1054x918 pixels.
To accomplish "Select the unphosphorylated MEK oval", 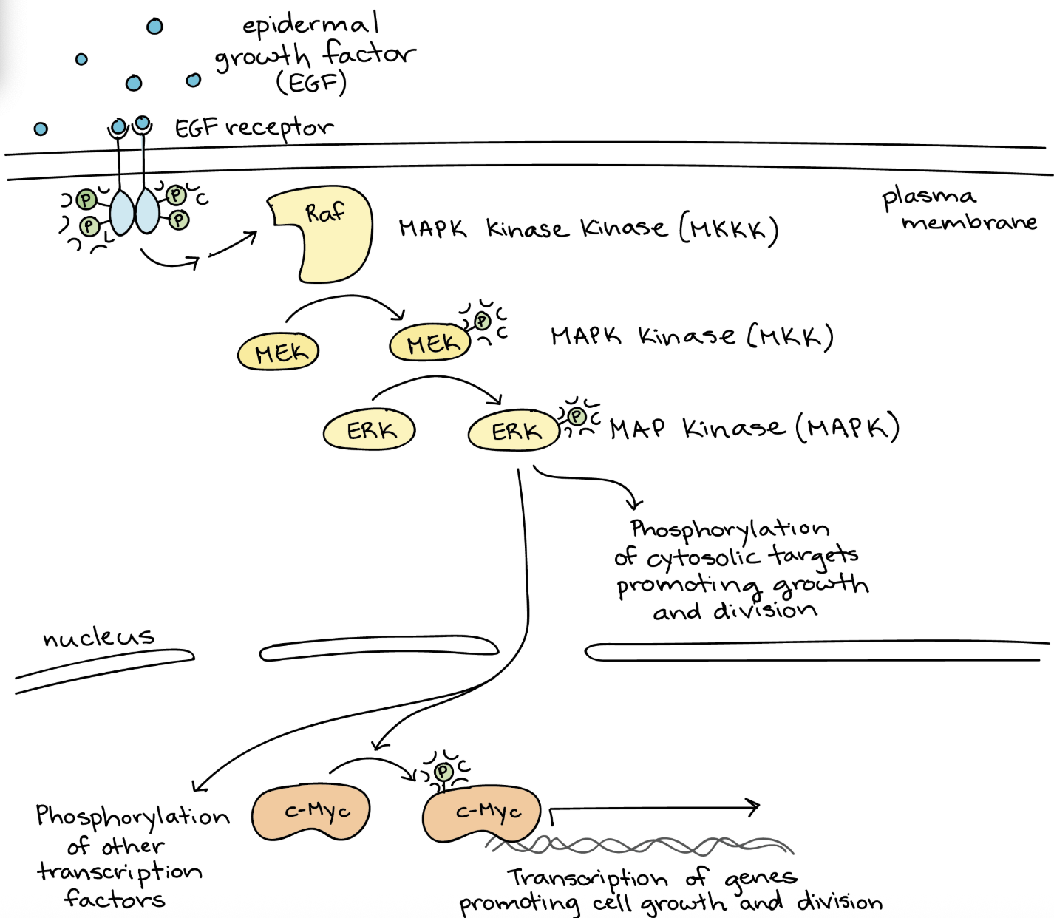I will (x=278, y=352).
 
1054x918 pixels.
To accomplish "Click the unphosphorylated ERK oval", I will (x=369, y=430).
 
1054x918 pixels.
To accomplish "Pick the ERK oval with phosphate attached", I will (x=514, y=431).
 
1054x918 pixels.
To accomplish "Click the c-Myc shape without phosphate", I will (x=311, y=813).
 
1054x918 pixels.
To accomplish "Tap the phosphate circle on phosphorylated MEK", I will (x=483, y=321).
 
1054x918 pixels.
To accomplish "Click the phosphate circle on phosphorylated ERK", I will (x=577, y=417).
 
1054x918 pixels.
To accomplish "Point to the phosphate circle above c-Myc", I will (x=443, y=772).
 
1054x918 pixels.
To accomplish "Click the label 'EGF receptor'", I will (x=254, y=128).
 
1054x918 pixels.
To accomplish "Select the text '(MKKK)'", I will (x=729, y=230).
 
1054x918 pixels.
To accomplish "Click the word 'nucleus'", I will (x=98, y=637).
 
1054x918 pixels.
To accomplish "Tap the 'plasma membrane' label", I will (x=959, y=210).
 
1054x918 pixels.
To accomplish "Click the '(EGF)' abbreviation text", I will (x=311, y=83).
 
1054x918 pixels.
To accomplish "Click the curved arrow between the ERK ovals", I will (x=436, y=382).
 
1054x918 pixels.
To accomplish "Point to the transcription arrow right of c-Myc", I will (x=654, y=809).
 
